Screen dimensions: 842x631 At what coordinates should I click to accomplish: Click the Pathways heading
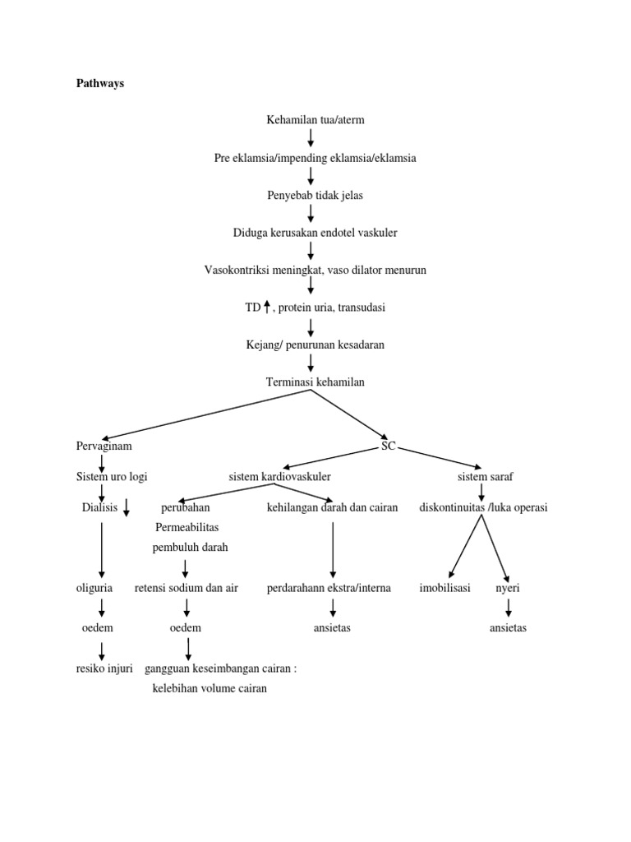(x=99, y=83)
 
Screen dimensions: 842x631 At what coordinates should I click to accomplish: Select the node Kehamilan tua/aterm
(x=315, y=120)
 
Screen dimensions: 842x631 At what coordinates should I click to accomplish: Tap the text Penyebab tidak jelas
(x=315, y=195)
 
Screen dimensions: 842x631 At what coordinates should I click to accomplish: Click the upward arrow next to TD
(x=267, y=308)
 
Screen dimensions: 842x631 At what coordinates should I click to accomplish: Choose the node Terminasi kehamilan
(x=315, y=382)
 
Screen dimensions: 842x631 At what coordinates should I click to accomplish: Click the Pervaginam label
(x=104, y=446)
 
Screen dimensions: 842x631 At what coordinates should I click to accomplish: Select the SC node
(x=388, y=446)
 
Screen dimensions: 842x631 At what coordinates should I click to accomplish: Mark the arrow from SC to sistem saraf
(x=439, y=457)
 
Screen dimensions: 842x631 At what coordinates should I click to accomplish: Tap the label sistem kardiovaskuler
(x=280, y=476)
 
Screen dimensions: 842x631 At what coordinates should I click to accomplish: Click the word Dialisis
(x=99, y=507)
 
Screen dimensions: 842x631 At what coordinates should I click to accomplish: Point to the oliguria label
(x=94, y=588)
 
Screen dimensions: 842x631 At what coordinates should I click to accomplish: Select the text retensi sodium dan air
(x=186, y=588)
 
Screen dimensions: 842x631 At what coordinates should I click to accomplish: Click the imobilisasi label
(x=444, y=588)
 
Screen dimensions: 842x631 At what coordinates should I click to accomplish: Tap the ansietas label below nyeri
(x=508, y=627)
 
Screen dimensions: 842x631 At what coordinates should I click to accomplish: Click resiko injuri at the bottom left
(x=104, y=669)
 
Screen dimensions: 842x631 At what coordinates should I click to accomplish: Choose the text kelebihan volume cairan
(x=210, y=688)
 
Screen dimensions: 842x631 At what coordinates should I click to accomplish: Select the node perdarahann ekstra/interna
(x=329, y=588)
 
